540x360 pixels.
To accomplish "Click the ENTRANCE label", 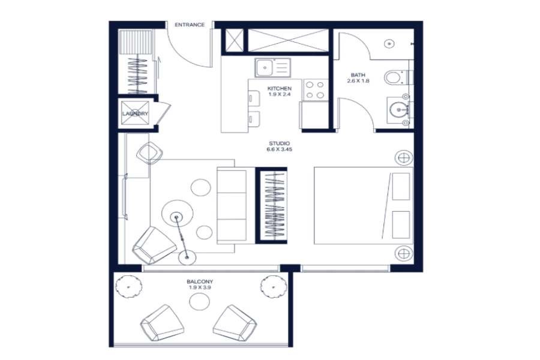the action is tap(190, 25).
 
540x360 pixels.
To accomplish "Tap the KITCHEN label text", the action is tap(279, 89).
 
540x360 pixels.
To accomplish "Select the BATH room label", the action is tap(358, 75).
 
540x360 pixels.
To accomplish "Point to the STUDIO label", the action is tap(279, 143).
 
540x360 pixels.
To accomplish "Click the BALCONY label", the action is tap(200, 281).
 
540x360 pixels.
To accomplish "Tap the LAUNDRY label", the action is tap(135, 113).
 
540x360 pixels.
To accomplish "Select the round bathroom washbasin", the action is tap(399, 110).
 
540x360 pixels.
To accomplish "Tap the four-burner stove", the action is tap(316, 89).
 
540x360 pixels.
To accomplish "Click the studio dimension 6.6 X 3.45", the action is tap(279, 149).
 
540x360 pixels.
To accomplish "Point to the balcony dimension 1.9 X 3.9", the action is tap(200, 287).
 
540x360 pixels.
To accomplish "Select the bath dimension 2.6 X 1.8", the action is tap(358, 81).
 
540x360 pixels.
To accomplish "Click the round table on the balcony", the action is tap(199, 302).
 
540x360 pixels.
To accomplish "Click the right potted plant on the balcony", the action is tap(274, 286).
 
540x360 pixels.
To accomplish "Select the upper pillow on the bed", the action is tap(401, 187).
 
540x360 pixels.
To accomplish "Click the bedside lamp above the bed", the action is tap(403, 158).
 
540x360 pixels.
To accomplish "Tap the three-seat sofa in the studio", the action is tap(232, 206).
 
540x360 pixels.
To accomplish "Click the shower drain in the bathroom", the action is tap(389, 44).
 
